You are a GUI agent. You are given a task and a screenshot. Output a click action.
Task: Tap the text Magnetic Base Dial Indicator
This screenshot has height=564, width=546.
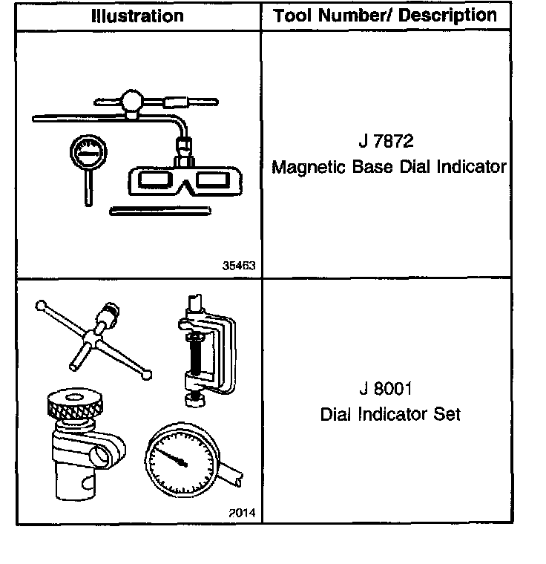pyautogui.click(x=389, y=167)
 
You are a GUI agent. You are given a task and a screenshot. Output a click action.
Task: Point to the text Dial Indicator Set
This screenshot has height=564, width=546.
pyautogui.click(x=389, y=414)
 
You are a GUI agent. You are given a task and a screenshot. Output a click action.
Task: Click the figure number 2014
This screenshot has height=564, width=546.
pyautogui.click(x=240, y=513)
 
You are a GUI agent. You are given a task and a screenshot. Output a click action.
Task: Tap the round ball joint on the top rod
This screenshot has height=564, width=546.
pyautogui.click(x=134, y=101)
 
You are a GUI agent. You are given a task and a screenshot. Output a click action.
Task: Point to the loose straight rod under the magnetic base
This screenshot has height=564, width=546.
pyautogui.click(x=159, y=211)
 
